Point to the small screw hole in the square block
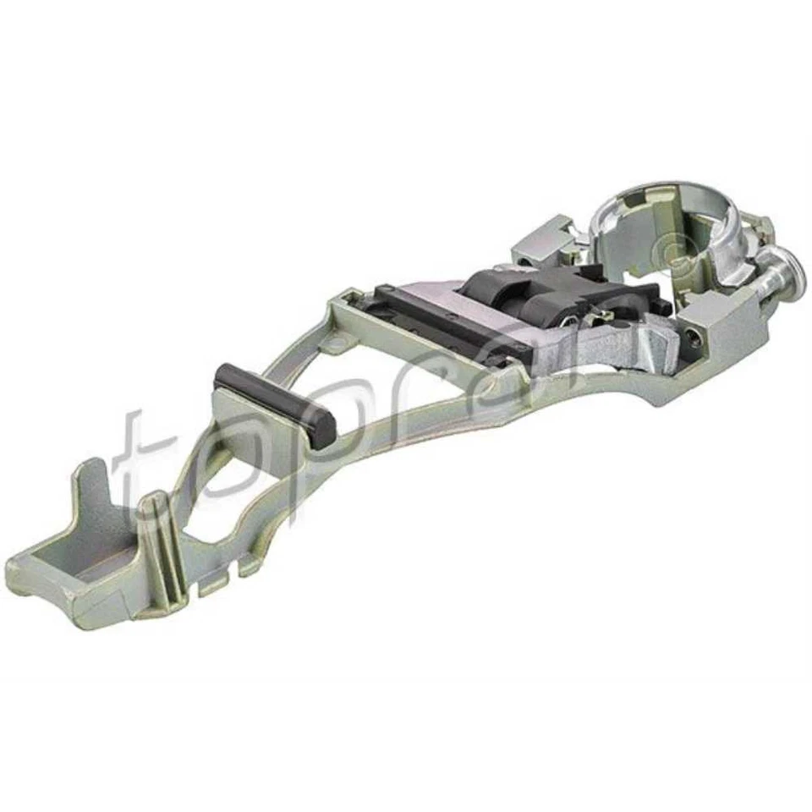pyautogui.click(x=695, y=335)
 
